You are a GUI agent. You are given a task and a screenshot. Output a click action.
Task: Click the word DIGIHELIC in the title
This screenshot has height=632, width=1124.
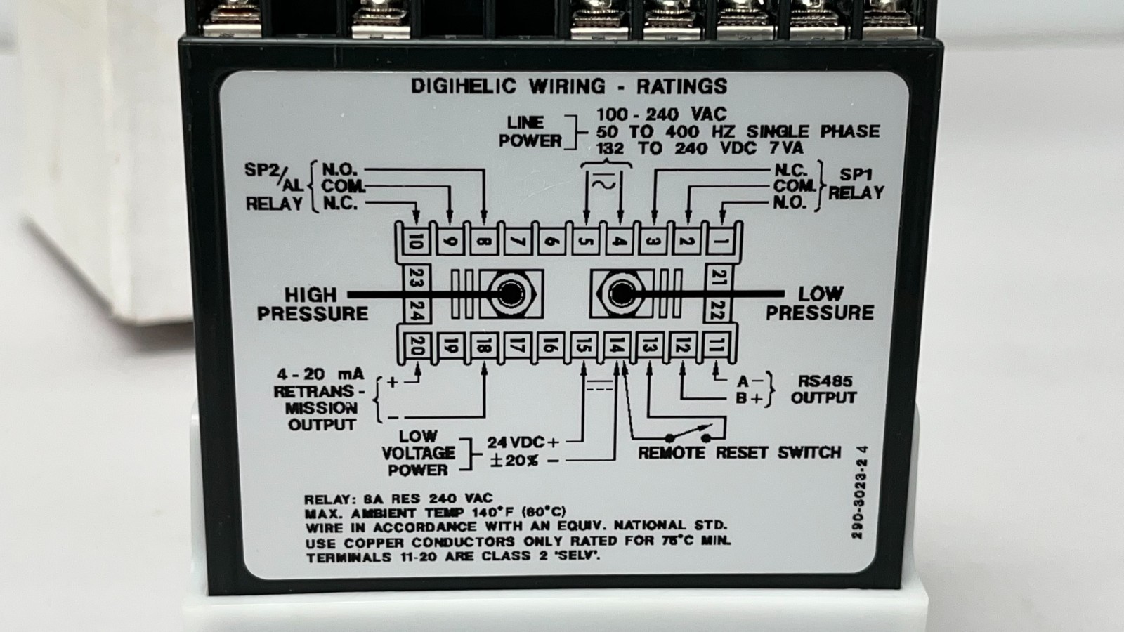464,86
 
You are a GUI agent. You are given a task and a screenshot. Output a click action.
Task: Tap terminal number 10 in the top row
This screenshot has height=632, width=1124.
416,242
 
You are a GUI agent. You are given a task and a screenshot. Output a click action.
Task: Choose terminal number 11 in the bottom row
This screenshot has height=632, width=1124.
717,345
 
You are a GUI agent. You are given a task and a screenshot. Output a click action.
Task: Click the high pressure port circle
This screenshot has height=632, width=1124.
510,294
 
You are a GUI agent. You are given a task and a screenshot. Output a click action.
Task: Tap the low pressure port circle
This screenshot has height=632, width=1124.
621,294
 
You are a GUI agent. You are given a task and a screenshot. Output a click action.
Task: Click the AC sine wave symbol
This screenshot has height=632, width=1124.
603,185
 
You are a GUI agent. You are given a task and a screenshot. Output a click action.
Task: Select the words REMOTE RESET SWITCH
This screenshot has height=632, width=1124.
739,453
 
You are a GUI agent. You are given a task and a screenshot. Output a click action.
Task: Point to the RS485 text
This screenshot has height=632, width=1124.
825,381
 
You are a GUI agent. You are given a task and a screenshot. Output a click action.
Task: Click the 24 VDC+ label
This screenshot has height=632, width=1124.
523,442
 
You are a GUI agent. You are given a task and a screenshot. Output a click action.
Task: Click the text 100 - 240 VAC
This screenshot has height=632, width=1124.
661,115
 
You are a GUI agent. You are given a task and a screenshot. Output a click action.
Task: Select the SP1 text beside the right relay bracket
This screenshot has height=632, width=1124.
856,175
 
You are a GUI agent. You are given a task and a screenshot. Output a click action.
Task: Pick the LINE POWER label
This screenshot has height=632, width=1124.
530,132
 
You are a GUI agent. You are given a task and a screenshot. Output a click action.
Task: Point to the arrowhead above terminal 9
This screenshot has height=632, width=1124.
450,217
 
